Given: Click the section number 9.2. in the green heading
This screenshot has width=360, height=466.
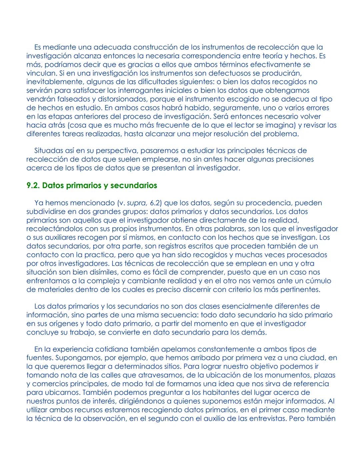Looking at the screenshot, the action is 33,185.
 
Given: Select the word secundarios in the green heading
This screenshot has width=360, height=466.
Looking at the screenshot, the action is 134,185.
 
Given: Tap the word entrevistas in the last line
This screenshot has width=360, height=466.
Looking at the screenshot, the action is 265,419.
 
